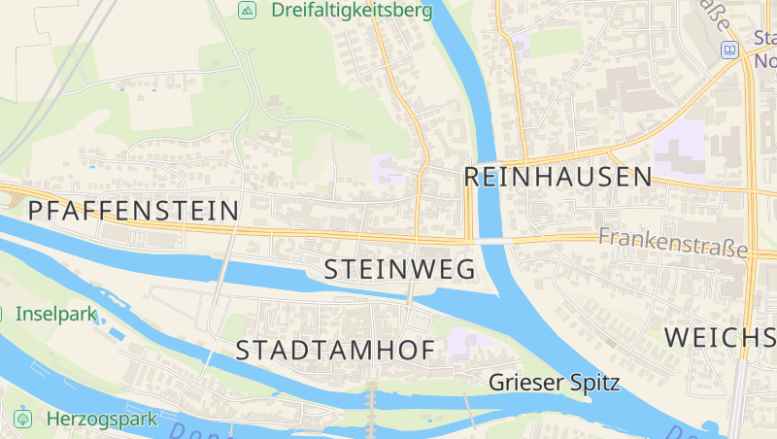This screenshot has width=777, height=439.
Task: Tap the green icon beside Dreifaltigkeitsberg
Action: click(x=248, y=11)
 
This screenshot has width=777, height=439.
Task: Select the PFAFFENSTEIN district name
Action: click(x=133, y=210)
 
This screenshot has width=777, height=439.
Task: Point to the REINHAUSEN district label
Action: click(x=557, y=177)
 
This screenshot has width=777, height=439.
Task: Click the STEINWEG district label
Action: click(x=399, y=269)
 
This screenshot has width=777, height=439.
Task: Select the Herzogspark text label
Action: click(x=101, y=420)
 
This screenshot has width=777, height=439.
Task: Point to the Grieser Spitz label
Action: click(x=554, y=382)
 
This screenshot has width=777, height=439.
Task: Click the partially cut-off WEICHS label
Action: click(x=720, y=337)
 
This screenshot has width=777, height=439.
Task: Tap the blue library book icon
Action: click(x=728, y=50)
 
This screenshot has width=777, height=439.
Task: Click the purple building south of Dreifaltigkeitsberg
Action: click(x=388, y=169)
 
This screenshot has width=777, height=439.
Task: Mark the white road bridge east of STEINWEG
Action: click(x=493, y=240)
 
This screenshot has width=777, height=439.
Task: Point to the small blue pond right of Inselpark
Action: click(x=116, y=334)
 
